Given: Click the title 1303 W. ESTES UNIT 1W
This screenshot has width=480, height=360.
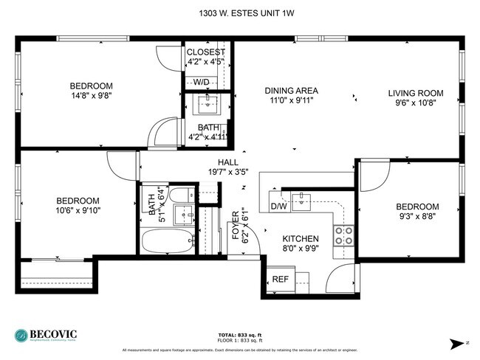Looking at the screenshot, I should click(x=239, y=13).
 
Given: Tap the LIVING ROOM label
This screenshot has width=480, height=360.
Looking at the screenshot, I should click(x=416, y=93).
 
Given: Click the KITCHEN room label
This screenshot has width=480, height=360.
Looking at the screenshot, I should click(x=301, y=239).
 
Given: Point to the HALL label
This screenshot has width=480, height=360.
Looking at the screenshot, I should click(x=227, y=162).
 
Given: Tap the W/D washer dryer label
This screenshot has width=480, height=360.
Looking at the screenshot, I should click(x=202, y=82).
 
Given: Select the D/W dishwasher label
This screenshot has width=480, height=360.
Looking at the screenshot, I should click(x=278, y=207).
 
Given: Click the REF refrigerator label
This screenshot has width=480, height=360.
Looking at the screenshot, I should click(x=280, y=280).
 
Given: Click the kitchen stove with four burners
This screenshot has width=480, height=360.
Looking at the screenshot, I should click(x=343, y=235).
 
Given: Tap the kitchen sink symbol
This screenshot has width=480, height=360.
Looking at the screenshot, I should click(x=301, y=199).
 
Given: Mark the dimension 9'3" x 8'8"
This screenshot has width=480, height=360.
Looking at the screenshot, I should click(x=417, y=217).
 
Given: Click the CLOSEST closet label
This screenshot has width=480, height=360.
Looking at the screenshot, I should click(x=206, y=52).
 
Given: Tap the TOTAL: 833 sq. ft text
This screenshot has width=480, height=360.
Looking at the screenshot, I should click(x=239, y=334).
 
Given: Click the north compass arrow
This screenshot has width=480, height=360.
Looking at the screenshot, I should click(x=456, y=343).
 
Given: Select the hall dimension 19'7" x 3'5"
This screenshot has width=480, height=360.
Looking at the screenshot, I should click(x=227, y=173).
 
